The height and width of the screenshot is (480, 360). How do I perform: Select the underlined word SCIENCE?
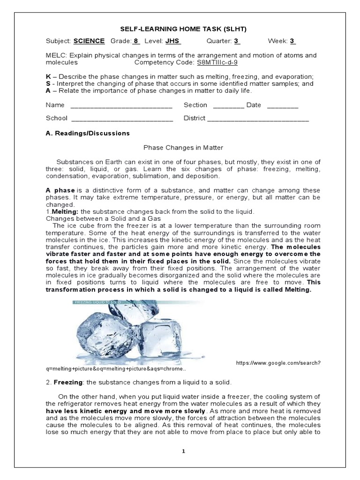tap(89, 41)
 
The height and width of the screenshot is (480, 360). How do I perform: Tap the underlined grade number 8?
tap(136, 41)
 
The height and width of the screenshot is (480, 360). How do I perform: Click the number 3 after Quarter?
tap(237, 41)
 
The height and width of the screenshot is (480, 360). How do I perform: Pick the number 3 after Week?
tap(292, 41)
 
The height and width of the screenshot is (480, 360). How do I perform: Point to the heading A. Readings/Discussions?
tap(88, 133)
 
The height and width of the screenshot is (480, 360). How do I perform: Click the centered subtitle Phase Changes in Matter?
tap(180, 148)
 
